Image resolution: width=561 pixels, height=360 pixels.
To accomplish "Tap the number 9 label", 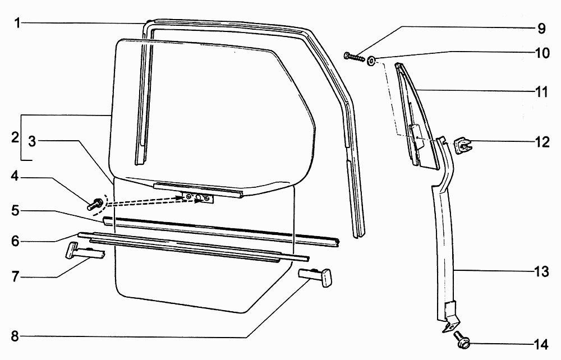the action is click(541, 29).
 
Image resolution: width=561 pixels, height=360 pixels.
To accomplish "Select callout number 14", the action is click(541, 345).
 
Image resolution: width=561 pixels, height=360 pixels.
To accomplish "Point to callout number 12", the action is click(542, 142).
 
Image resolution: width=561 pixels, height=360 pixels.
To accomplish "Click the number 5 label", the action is click(15, 210).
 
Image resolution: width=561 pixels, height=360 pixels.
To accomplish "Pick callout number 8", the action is click(15, 336).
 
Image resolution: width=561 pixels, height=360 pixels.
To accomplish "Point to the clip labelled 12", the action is click(463, 145).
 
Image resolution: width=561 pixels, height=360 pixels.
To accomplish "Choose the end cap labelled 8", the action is click(315, 277).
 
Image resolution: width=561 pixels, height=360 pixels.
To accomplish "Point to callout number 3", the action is click(32, 142).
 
